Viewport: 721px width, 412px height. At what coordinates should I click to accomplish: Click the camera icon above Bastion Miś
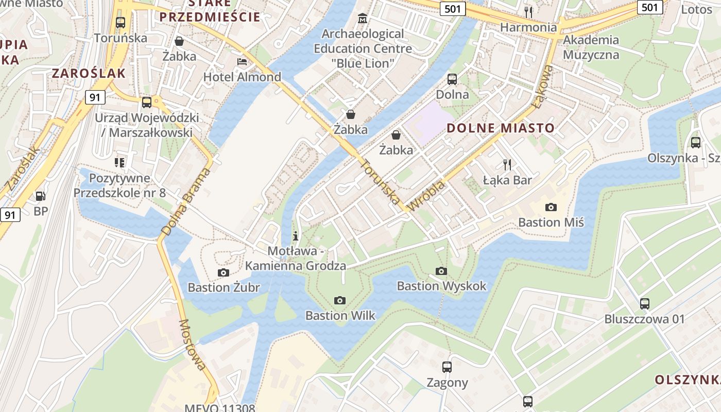click(551, 207)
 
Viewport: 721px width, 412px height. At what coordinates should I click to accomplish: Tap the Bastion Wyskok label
click(441, 286)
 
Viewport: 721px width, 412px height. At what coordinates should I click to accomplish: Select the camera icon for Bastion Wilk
click(340, 300)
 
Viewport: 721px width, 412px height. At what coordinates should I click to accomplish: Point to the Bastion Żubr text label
click(224, 287)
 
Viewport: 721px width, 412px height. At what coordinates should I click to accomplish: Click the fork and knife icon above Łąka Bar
click(507, 165)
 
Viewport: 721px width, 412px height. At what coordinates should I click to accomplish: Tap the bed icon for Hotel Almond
click(242, 62)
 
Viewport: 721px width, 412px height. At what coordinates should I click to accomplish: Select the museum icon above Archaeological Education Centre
click(363, 19)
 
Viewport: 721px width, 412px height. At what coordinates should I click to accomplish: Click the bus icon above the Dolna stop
click(452, 79)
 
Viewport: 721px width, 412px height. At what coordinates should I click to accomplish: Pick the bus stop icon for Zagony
click(447, 367)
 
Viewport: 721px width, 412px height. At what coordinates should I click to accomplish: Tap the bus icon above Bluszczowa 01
click(645, 304)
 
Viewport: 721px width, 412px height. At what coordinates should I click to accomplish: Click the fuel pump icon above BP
click(40, 196)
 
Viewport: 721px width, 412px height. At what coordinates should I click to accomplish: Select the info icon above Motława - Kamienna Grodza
click(296, 236)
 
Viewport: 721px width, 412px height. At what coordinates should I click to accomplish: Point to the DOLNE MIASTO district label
click(501, 128)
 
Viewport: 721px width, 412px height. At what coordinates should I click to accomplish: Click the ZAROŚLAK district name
click(89, 73)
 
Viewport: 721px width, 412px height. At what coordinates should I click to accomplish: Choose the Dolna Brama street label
click(186, 202)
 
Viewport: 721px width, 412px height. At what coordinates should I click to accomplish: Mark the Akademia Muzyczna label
click(591, 47)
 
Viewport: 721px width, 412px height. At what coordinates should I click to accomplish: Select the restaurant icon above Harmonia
click(528, 12)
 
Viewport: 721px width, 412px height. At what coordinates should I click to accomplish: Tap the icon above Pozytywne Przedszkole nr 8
click(119, 163)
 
